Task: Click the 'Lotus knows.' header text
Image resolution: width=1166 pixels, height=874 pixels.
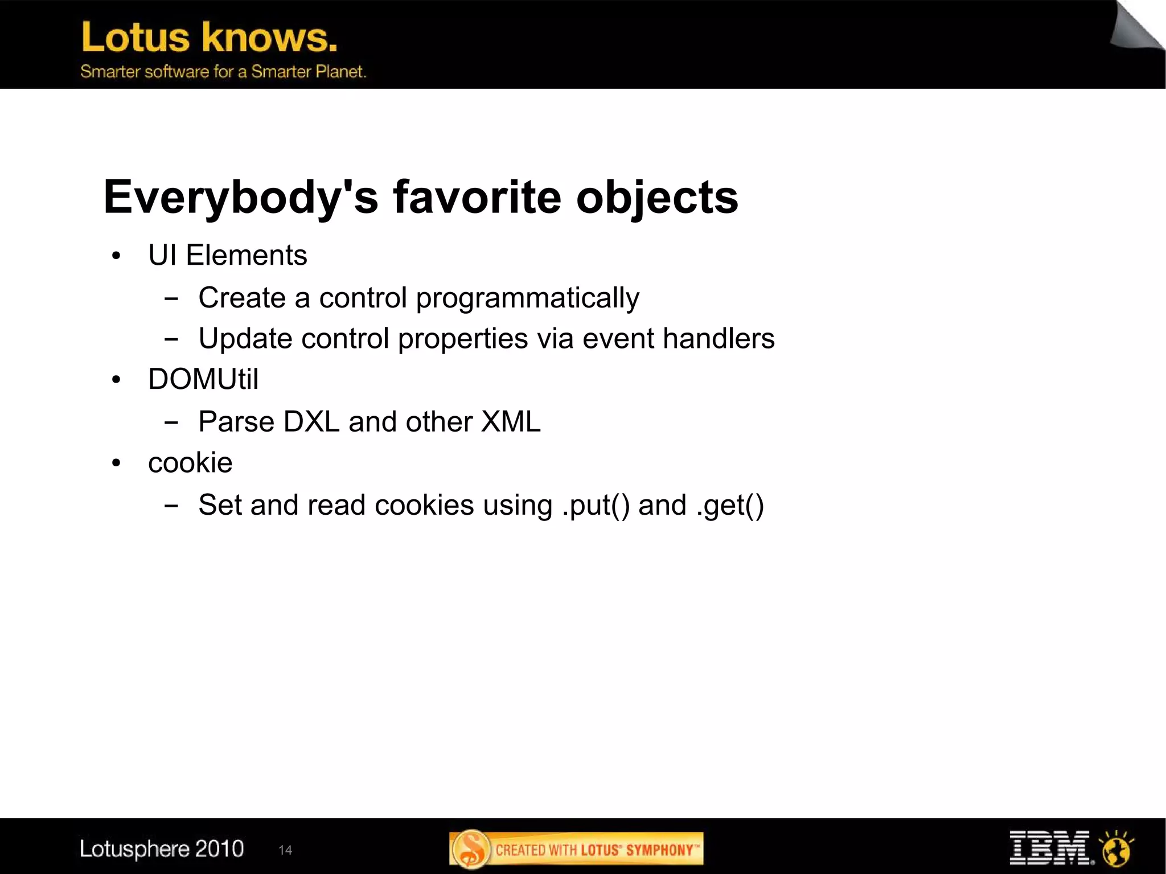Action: [209, 38]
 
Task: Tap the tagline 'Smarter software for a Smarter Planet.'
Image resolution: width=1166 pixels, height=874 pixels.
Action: [223, 72]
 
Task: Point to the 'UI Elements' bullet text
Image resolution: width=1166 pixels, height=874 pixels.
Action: [227, 255]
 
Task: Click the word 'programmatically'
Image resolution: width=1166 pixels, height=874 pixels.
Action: [527, 298]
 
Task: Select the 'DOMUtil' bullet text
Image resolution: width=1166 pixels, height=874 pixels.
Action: [203, 380]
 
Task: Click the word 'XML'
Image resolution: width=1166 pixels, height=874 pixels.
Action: [510, 422]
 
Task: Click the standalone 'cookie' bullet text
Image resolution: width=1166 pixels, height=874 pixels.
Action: [190, 463]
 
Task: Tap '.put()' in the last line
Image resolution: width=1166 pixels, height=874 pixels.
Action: [596, 506]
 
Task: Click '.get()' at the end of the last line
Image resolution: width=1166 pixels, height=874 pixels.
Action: [729, 506]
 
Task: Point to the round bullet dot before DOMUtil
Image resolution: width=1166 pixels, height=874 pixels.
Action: [116, 380]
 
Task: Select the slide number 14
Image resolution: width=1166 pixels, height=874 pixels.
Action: [285, 850]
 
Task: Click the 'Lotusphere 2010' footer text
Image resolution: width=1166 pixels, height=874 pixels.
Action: [162, 849]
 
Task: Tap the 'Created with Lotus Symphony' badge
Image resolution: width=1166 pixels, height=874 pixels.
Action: [576, 850]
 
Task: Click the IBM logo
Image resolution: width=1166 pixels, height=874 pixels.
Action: [1049, 848]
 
